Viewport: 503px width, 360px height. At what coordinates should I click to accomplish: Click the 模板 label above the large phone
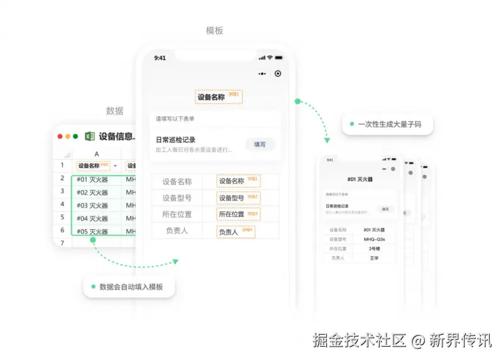(x=214, y=30)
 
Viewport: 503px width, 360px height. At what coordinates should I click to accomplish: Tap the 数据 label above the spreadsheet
(x=114, y=111)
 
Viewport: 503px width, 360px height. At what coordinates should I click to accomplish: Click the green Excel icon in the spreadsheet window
(x=89, y=136)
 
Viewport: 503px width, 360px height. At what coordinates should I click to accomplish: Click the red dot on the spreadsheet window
(x=60, y=136)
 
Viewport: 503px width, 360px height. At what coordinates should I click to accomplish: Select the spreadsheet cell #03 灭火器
(x=92, y=205)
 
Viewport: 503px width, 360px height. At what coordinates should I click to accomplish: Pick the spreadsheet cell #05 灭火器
(x=92, y=232)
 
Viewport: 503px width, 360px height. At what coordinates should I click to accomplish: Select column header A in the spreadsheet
(x=96, y=154)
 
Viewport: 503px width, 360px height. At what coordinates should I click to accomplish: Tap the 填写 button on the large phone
(x=260, y=145)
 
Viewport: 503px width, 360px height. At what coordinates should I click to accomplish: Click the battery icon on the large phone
(x=278, y=58)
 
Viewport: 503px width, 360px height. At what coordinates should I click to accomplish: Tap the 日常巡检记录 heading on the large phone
(x=175, y=140)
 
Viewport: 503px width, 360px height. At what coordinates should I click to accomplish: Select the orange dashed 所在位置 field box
(x=238, y=215)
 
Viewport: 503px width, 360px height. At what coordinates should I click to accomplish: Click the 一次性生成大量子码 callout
(x=387, y=124)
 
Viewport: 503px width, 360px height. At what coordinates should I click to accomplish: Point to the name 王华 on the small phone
(x=375, y=258)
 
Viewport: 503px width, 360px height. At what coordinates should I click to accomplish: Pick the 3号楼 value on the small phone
(x=375, y=249)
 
